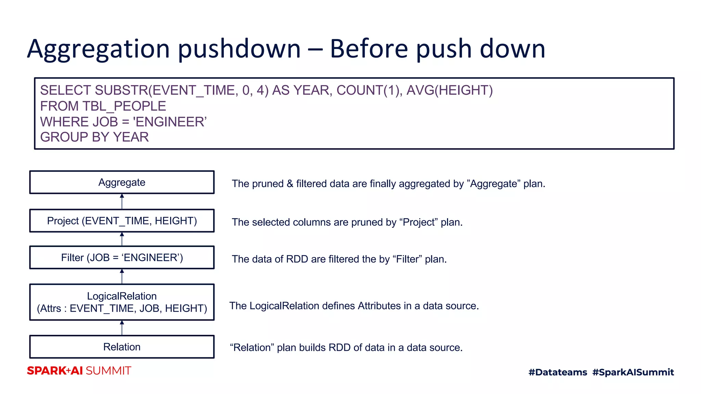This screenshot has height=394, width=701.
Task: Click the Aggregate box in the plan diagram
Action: tap(122, 182)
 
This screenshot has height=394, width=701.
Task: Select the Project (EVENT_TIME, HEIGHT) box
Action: tap(122, 221)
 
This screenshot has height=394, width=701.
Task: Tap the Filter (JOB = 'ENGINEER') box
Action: tap(122, 257)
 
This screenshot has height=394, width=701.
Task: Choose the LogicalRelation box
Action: tap(122, 302)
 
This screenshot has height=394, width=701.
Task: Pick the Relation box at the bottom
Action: tap(122, 347)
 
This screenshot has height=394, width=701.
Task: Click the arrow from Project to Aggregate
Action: tap(122, 201)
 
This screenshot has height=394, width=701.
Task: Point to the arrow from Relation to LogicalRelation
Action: tap(122, 328)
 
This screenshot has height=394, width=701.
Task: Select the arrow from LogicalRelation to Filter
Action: tap(122, 276)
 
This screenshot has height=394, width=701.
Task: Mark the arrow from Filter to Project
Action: tap(122, 239)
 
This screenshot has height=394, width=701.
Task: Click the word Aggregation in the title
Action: tap(99, 49)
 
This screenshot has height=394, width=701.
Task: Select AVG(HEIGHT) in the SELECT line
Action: tap(449, 90)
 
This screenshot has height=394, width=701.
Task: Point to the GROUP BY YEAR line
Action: tap(94, 137)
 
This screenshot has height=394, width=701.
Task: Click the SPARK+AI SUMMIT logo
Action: tap(79, 371)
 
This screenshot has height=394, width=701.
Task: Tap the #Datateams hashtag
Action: tap(558, 372)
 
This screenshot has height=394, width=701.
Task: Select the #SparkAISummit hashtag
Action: tap(633, 372)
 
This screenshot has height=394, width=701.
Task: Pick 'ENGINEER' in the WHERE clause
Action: tap(170, 122)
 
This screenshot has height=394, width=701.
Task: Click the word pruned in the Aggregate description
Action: tap(268, 184)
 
